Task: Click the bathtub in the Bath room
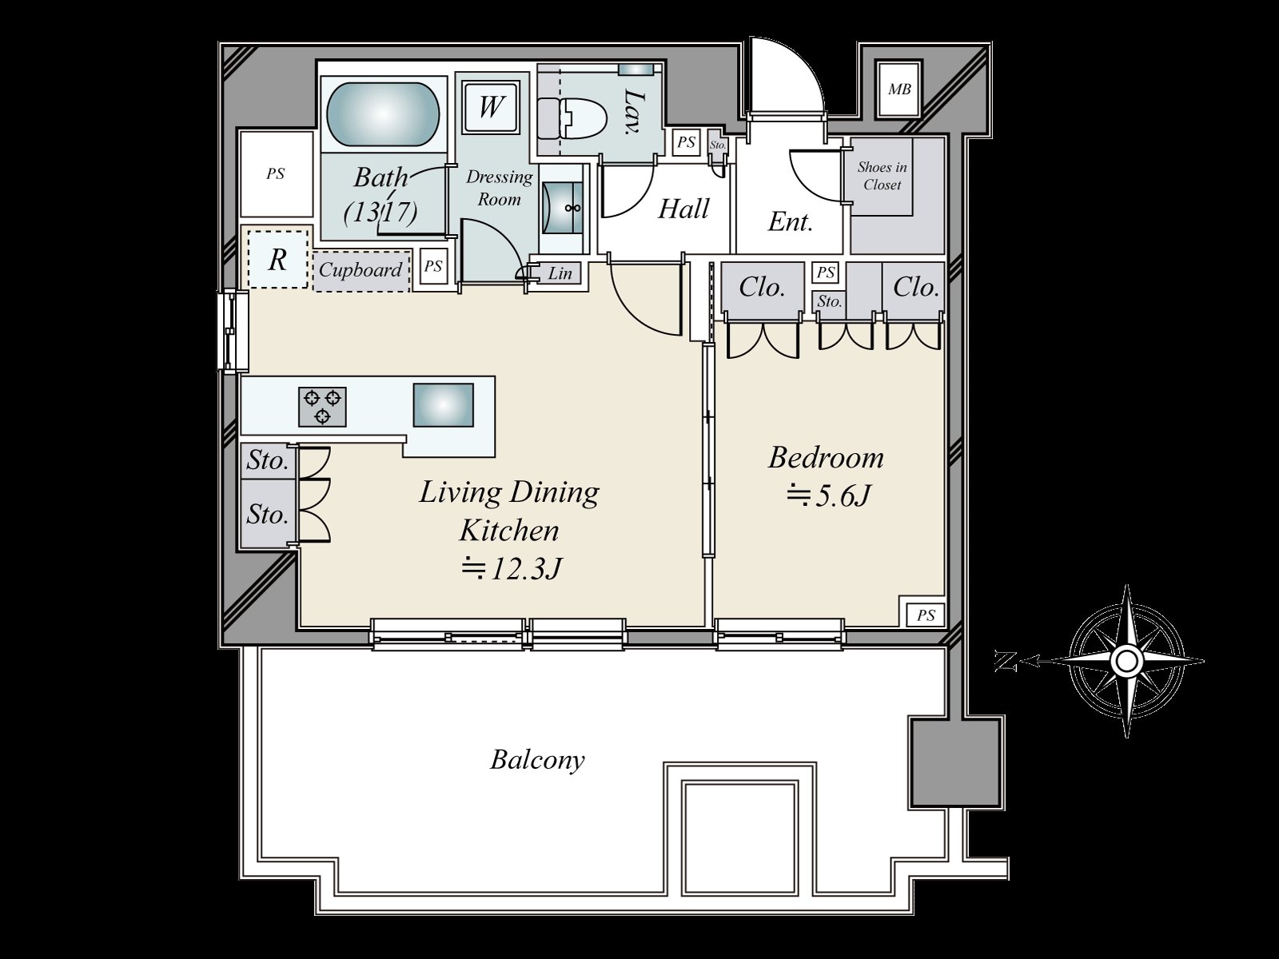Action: tap(382, 114)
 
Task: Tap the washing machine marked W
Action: tap(490, 107)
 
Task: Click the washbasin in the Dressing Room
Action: tap(562, 208)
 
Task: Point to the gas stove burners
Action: tap(322, 407)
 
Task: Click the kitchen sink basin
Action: tap(443, 404)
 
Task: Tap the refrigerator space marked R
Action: tap(277, 259)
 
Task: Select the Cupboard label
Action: tap(360, 269)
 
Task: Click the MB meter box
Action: tap(899, 90)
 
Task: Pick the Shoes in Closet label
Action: tap(882, 176)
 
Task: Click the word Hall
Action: tap(683, 209)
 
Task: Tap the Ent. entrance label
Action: tap(790, 222)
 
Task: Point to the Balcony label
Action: tap(536, 760)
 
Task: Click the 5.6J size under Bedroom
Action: tap(828, 496)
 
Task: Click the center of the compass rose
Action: tap(1127, 661)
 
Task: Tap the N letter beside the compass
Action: tap(1005, 662)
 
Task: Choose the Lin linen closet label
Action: tap(560, 273)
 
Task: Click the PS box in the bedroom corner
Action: tap(926, 615)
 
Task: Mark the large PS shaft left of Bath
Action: tap(276, 173)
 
